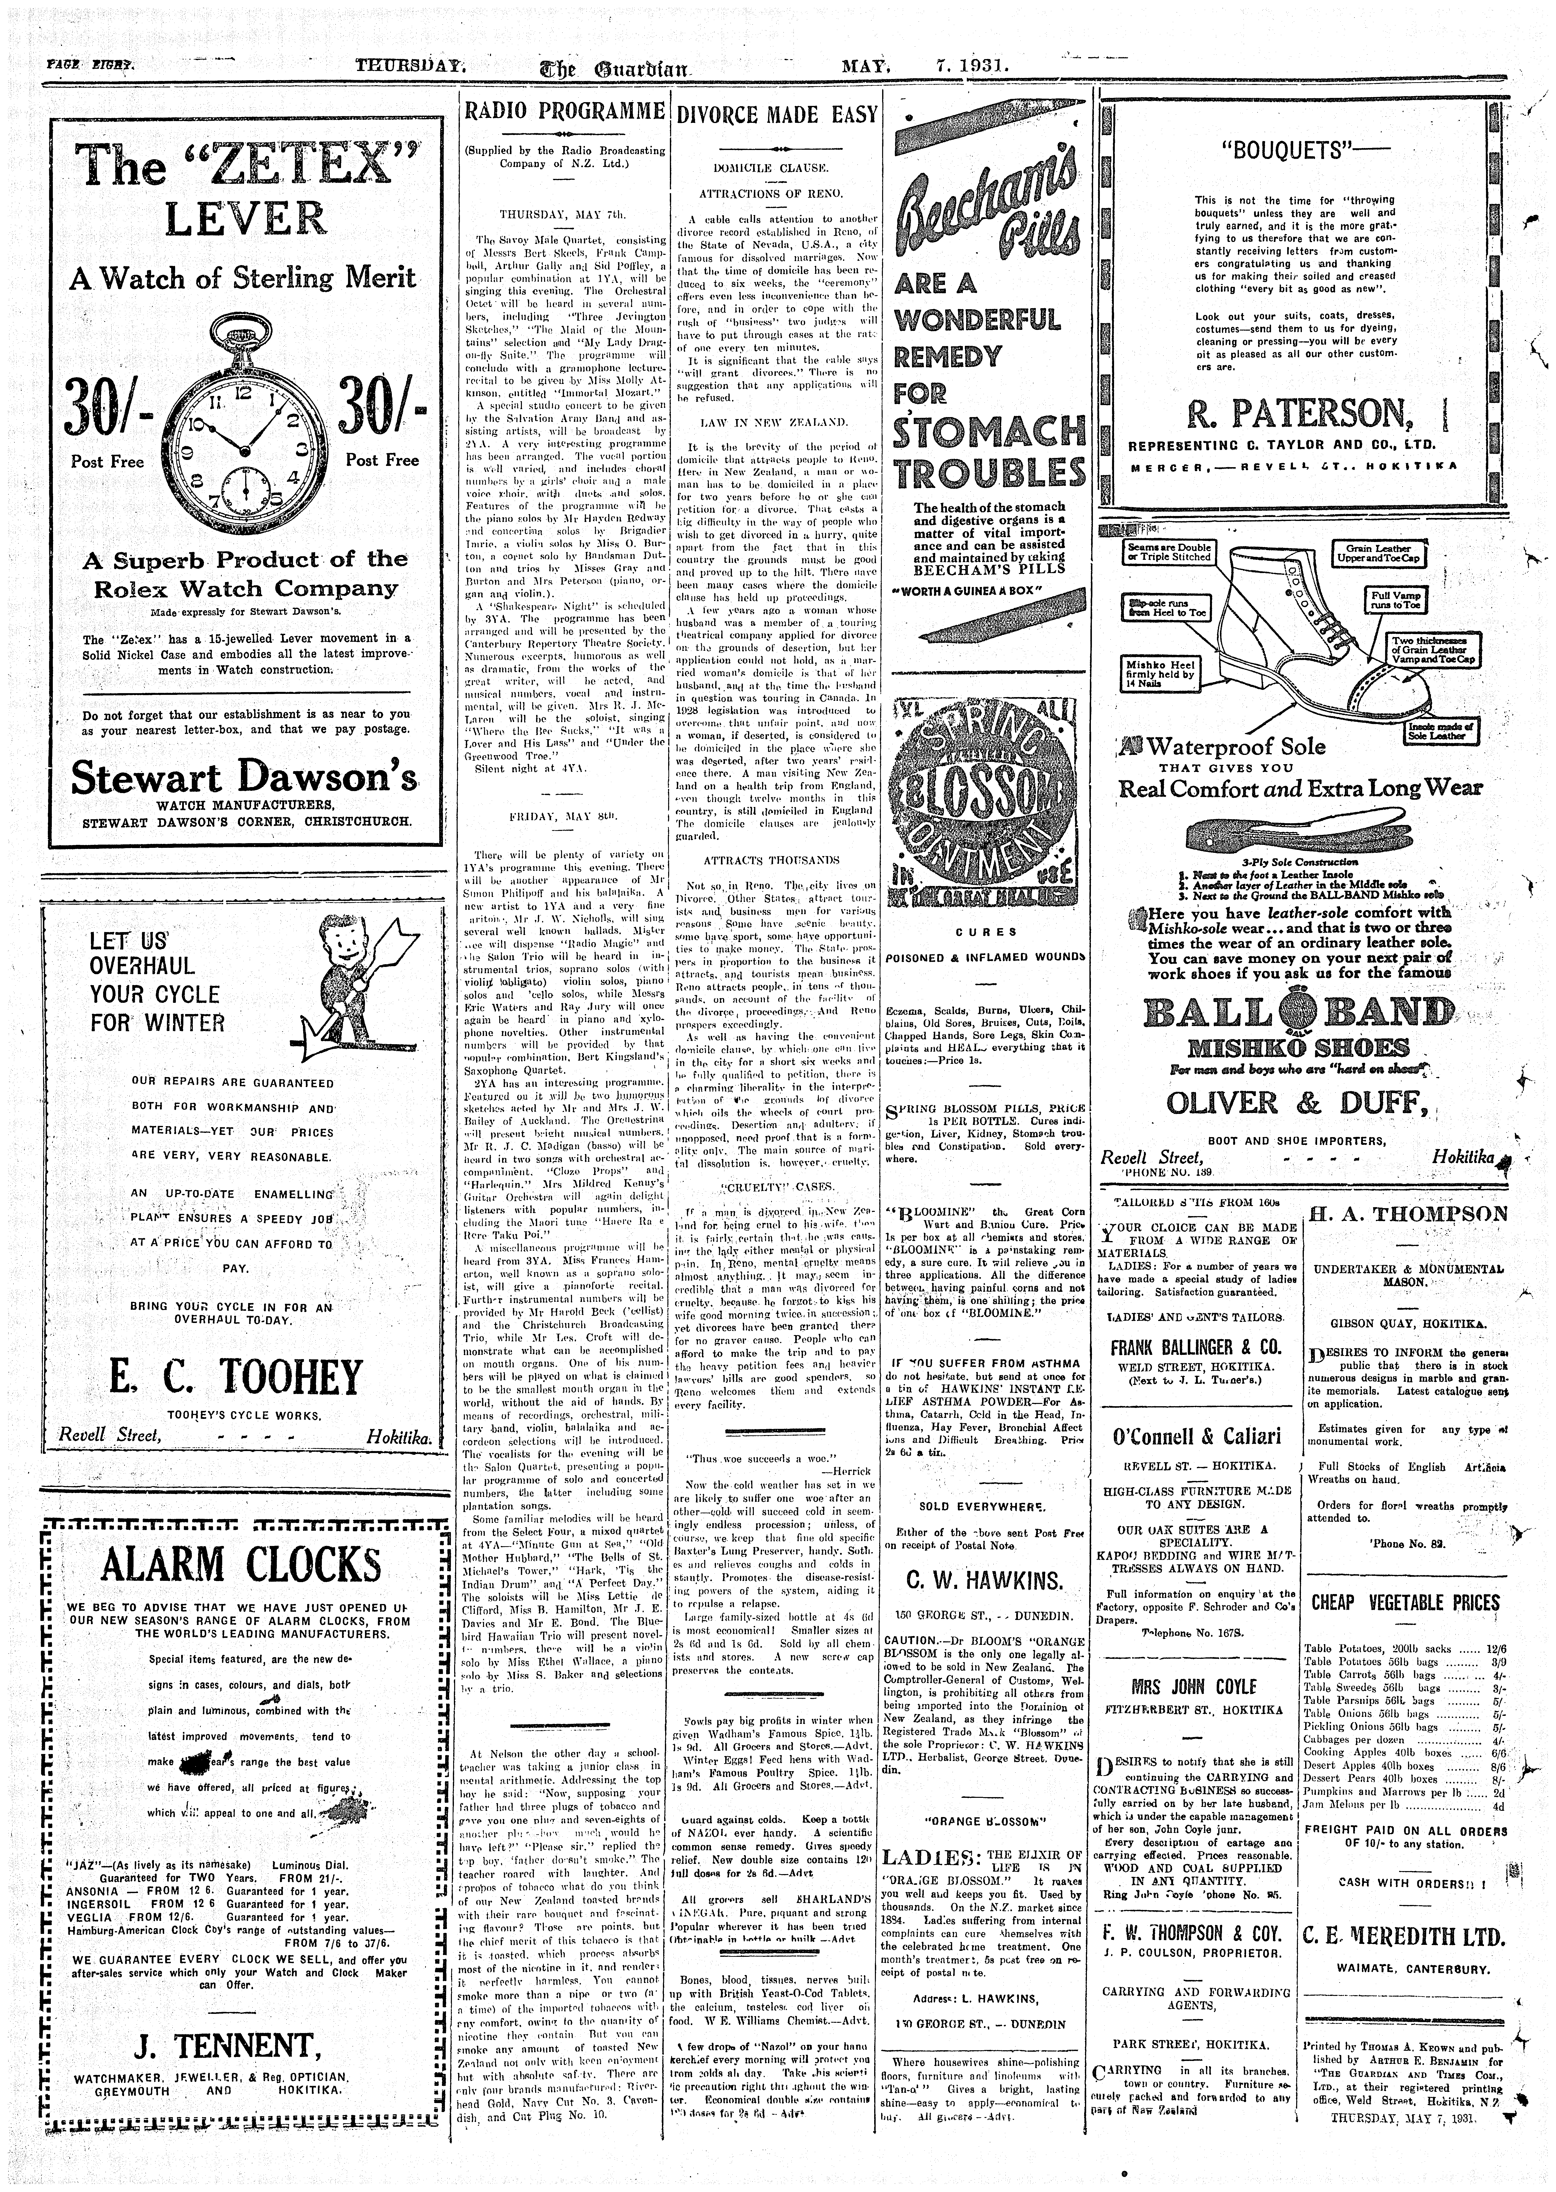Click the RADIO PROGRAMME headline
pyautogui.click(x=563, y=112)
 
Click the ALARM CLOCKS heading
pyautogui.click(x=241, y=1565)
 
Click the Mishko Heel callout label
pyautogui.click(x=1160, y=673)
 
